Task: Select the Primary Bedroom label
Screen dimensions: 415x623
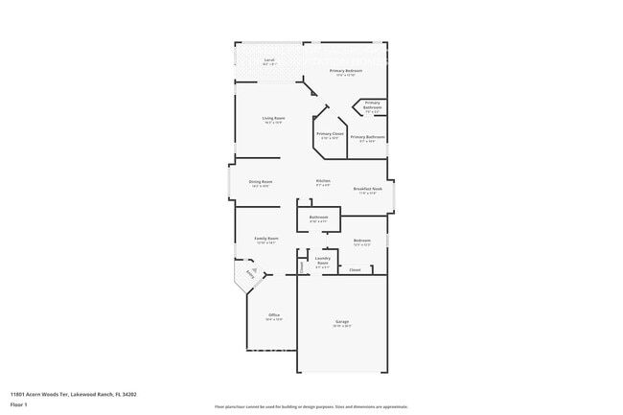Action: (346, 70)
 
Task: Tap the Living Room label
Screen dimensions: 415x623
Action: (273, 118)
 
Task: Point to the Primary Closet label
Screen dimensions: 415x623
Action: (330, 134)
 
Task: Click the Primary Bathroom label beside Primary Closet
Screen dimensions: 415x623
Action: (368, 137)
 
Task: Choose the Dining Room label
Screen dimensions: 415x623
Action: (261, 181)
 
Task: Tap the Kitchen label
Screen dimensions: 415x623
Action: (324, 181)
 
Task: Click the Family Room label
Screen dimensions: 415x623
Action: (265, 238)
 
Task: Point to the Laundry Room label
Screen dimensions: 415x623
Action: (323, 261)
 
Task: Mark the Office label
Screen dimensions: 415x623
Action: (273, 315)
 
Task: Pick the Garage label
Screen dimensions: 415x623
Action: (342, 321)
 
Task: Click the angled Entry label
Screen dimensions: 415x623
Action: (252, 272)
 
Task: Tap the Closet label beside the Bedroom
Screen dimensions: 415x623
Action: (355, 270)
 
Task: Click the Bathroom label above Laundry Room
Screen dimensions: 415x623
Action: (318, 218)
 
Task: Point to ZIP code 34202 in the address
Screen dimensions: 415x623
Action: (127, 394)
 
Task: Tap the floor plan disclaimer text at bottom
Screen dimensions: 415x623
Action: (311, 406)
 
